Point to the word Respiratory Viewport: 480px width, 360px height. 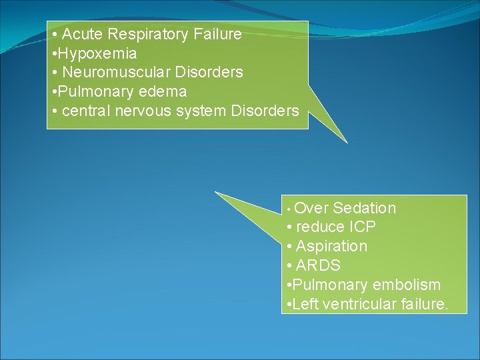[144, 33]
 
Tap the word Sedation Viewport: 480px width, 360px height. [364, 209]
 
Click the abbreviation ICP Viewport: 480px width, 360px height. [361, 227]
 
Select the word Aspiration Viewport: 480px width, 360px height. [331, 247]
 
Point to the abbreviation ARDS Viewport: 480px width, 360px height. [318, 265]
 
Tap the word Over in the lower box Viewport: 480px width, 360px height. [310, 209]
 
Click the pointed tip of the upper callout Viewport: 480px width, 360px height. [347, 142]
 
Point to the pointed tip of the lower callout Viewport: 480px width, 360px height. [216, 193]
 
